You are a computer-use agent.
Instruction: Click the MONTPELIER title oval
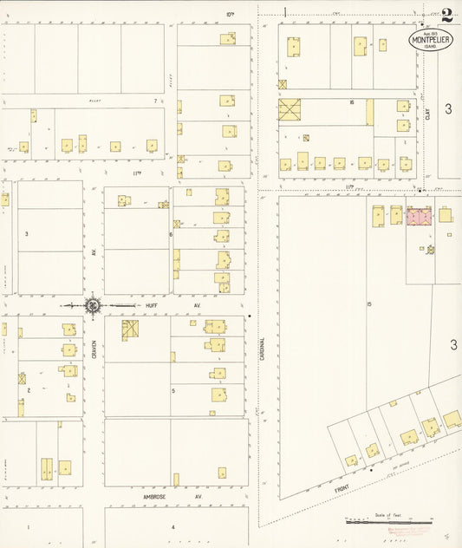pyautogui.click(x=431, y=40)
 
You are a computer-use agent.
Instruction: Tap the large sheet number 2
pyautogui.click(x=446, y=15)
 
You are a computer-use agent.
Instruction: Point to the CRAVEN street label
pyautogui.click(x=94, y=349)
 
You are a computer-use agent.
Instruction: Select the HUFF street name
pyautogui.click(x=152, y=305)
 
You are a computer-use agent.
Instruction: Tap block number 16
pyautogui.click(x=352, y=102)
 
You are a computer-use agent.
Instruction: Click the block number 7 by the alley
pyautogui.click(x=155, y=101)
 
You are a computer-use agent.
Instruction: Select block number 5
pyautogui.click(x=173, y=390)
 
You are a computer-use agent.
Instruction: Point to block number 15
pyautogui.click(x=368, y=303)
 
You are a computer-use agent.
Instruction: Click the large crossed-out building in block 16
pyautogui.click(x=290, y=110)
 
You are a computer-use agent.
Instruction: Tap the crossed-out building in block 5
pyautogui.click(x=130, y=329)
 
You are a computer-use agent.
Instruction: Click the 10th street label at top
pyautogui.click(x=231, y=14)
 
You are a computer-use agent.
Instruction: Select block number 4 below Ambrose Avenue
pyautogui.click(x=172, y=526)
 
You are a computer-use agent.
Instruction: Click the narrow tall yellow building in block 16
pyautogui.click(x=370, y=112)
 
